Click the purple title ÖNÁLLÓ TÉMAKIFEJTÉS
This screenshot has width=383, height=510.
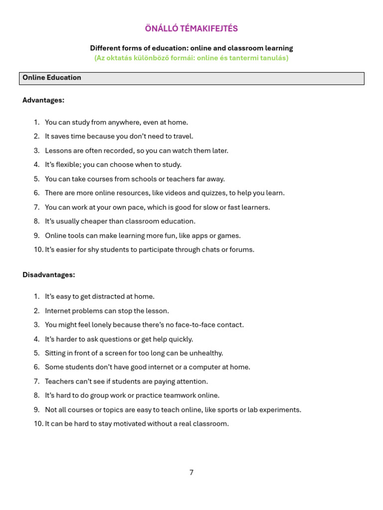pyautogui.click(x=191, y=29)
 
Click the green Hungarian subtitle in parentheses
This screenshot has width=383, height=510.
pyautogui.click(x=191, y=58)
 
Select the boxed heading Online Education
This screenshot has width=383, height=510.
pyautogui.click(x=52, y=78)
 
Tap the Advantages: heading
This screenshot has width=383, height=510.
pyautogui.click(x=43, y=100)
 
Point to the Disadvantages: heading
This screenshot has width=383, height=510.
pyautogui.click(x=48, y=274)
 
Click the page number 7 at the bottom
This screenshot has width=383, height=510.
pyautogui.click(x=191, y=473)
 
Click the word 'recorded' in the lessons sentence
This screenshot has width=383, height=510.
pyautogui.click(x=114, y=150)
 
